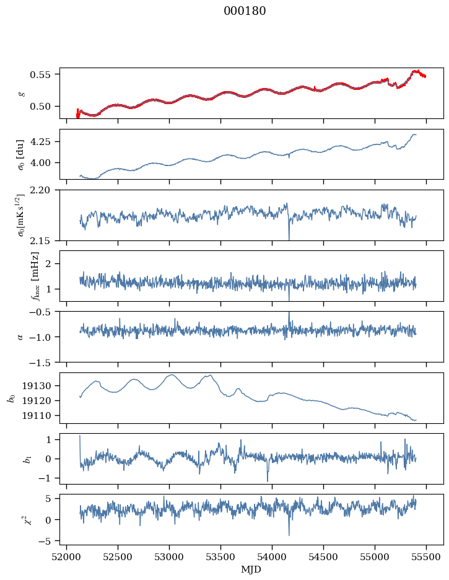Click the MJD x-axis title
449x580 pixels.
coord(251,569)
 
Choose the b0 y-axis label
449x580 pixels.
coord(11,398)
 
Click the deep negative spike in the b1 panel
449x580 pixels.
coord(268,480)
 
